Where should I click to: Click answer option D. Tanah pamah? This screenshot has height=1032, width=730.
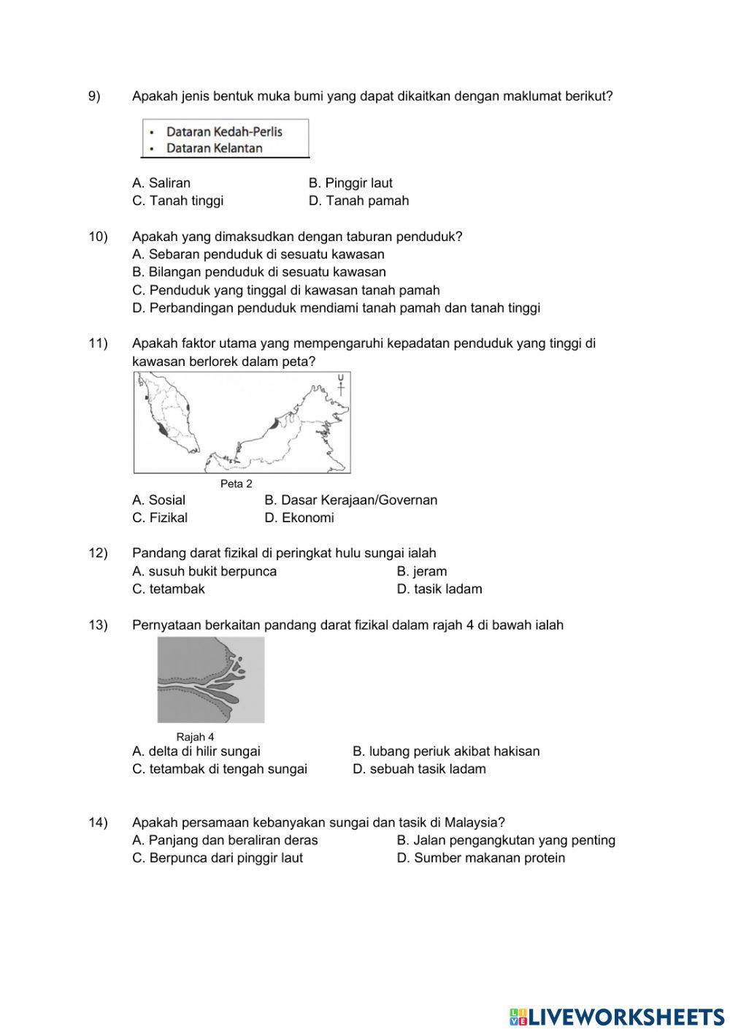point(358,201)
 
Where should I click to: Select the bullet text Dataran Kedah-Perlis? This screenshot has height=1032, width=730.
point(223,132)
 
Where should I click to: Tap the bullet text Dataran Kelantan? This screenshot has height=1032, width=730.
point(214,148)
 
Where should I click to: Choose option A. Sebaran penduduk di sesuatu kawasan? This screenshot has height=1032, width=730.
point(258,255)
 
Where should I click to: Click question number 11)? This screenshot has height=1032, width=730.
point(99,343)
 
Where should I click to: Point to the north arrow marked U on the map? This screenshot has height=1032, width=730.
point(340,385)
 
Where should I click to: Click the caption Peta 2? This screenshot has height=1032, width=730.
point(236,483)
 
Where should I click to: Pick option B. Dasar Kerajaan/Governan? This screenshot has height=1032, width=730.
point(350,500)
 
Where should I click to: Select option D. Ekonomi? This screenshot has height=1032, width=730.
point(299,518)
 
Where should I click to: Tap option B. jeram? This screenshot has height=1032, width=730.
point(421,572)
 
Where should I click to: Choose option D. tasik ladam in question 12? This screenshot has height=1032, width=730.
point(439,589)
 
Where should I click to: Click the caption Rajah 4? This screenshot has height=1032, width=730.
point(195,737)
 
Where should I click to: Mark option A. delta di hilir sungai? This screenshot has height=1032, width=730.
point(196,752)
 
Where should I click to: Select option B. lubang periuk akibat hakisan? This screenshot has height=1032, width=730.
point(446,752)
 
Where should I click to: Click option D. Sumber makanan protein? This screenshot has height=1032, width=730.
point(480,858)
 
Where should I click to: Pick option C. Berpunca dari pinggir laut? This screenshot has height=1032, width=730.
point(218,858)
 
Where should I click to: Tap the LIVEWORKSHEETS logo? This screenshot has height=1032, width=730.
point(616,1016)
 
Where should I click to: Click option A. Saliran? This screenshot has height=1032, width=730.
point(161,183)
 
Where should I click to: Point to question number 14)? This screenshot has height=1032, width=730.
point(99,822)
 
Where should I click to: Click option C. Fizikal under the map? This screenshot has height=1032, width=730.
point(160,518)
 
